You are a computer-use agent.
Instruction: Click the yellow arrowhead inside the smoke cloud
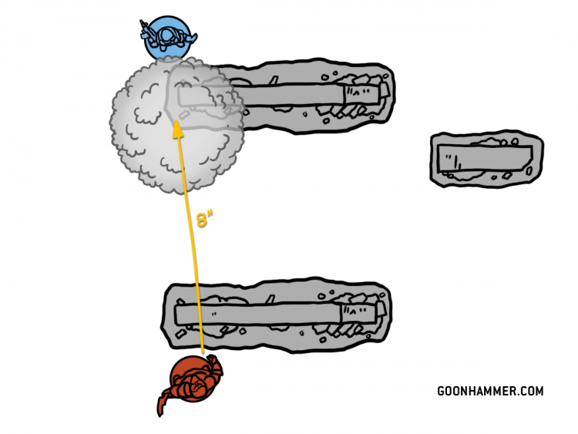(x=178, y=129)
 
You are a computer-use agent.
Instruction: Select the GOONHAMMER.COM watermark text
(x=490, y=391)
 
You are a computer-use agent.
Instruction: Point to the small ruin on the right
(x=486, y=159)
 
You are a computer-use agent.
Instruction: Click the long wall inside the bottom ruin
(x=258, y=315)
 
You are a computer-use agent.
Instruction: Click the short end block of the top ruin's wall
(x=363, y=95)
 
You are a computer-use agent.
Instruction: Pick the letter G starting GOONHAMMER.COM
(x=441, y=391)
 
